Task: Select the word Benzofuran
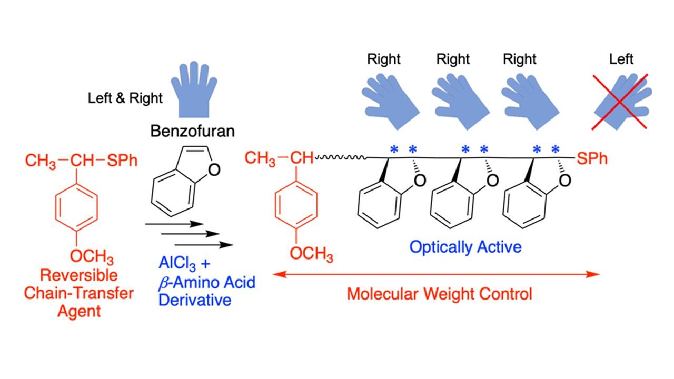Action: coord(192,131)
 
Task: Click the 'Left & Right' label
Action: coord(125,98)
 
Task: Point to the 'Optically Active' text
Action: coord(465,246)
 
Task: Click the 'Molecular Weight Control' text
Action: coord(439,293)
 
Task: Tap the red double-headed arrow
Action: coord(437,274)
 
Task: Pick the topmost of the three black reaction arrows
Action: coord(174,224)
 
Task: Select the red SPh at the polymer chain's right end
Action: coord(592,158)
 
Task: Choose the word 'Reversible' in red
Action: coord(79,275)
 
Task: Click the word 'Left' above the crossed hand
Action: coord(621,58)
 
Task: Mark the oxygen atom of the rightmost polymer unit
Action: coord(564,181)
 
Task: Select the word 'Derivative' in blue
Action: coord(195,300)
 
